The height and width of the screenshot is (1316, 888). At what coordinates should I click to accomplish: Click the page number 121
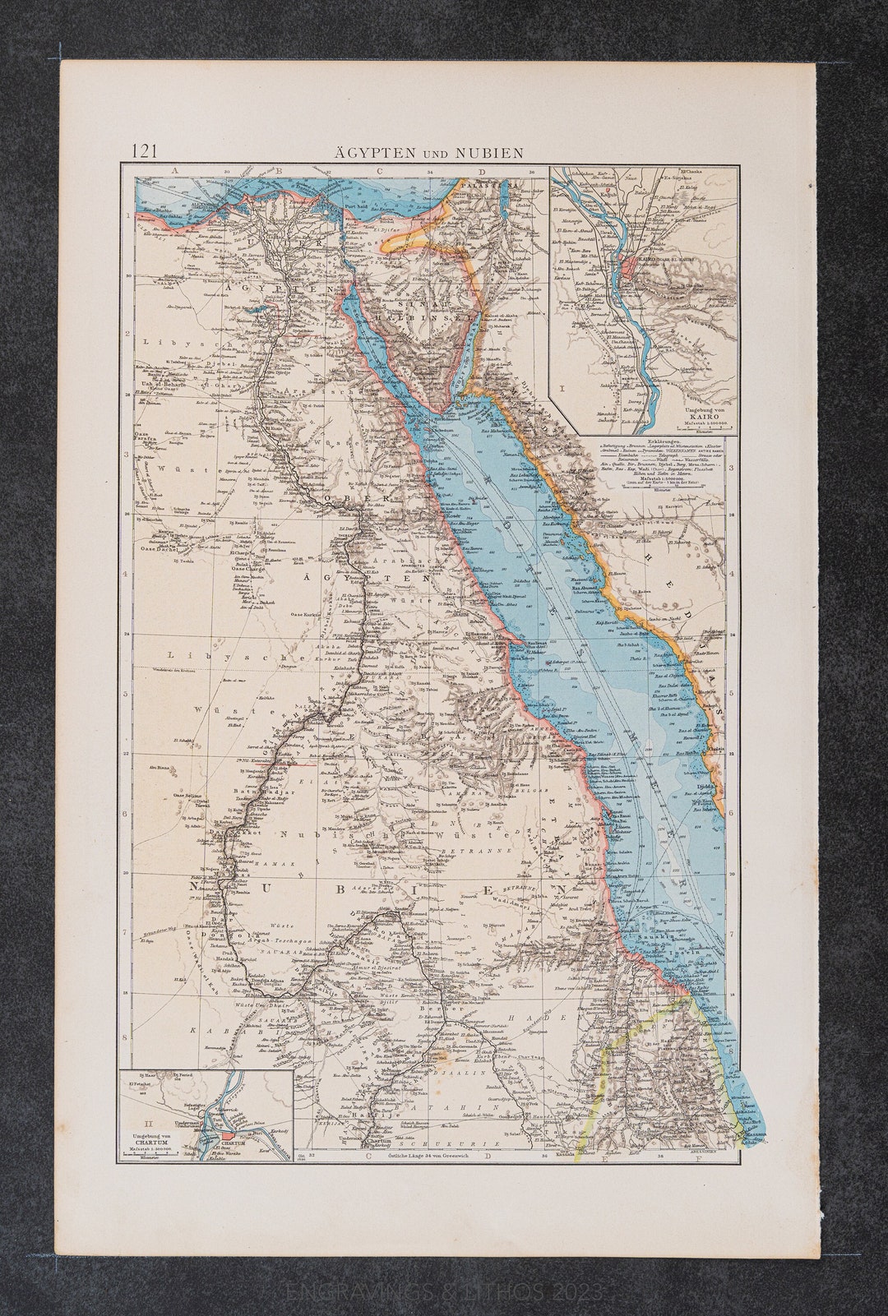(x=145, y=150)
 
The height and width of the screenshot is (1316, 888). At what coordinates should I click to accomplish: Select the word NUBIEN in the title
(x=494, y=152)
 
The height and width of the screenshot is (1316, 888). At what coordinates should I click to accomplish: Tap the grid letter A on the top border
(x=174, y=170)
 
